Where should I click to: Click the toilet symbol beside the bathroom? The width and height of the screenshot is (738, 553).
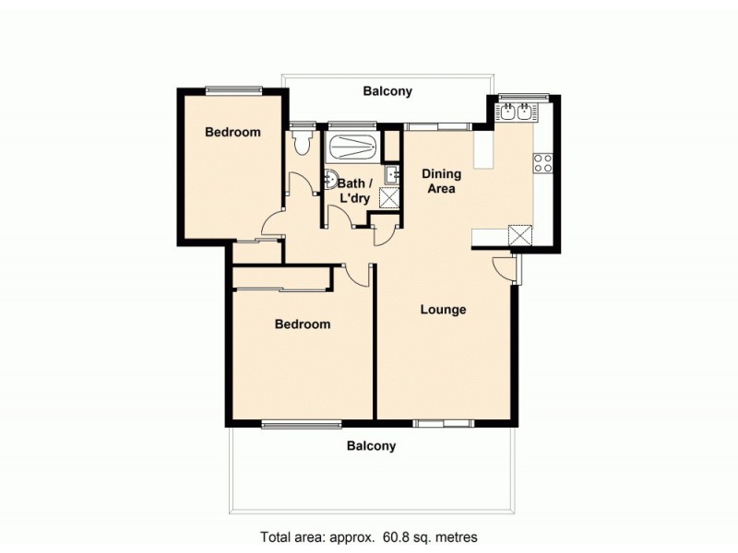tap(299, 144)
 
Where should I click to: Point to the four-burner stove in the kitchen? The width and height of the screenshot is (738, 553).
tap(542, 163)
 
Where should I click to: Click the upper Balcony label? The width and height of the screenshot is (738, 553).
tap(387, 91)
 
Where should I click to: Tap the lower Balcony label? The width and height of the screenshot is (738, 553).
tap(371, 446)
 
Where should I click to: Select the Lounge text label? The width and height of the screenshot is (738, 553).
tap(443, 310)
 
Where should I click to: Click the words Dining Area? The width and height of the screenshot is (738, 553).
tap(441, 181)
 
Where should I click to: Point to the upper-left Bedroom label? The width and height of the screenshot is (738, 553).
tap(232, 132)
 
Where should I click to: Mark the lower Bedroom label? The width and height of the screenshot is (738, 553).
tap(303, 324)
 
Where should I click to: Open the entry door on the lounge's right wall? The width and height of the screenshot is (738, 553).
tap(506, 267)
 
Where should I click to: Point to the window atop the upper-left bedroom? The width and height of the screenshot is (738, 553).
tap(234, 89)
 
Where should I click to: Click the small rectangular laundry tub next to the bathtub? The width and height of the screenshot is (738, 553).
tap(392, 171)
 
